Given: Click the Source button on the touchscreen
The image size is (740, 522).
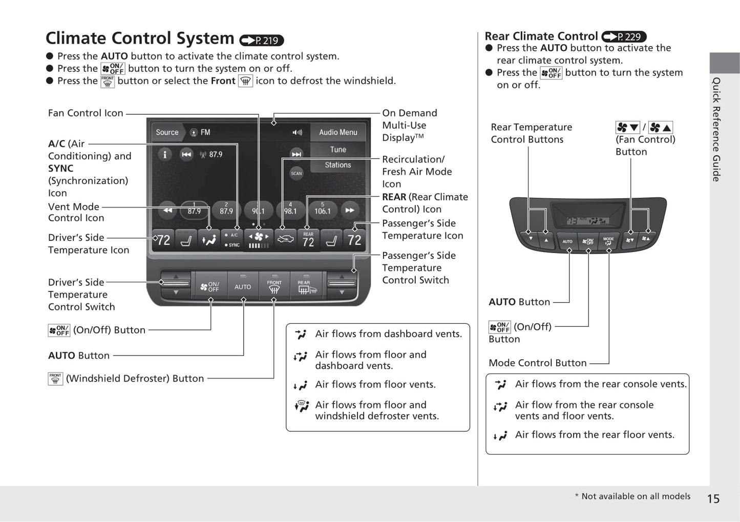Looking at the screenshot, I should [167, 132].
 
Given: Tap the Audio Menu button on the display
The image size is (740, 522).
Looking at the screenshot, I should [338, 132].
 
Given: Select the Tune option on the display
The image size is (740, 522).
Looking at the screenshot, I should [338, 150].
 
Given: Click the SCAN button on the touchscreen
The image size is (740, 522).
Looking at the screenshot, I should [297, 173].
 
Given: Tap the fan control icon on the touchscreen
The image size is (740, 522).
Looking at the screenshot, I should [259, 239].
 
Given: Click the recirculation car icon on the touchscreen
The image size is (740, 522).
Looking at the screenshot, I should [285, 239].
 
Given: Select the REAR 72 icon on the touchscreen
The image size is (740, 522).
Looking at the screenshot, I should [308, 240].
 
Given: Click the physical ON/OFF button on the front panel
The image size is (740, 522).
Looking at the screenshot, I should [210, 286].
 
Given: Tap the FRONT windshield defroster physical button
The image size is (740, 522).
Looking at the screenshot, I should [274, 286].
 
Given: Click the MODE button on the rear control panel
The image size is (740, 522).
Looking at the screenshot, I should [608, 241].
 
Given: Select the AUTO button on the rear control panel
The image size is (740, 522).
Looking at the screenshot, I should [567, 241].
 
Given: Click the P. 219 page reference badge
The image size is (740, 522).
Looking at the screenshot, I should [262, 40].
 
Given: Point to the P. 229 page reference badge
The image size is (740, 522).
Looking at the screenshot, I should [624, 37].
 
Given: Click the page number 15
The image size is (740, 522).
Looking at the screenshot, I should [713, 498].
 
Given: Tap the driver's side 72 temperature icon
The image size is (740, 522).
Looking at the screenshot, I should [163, 240].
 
